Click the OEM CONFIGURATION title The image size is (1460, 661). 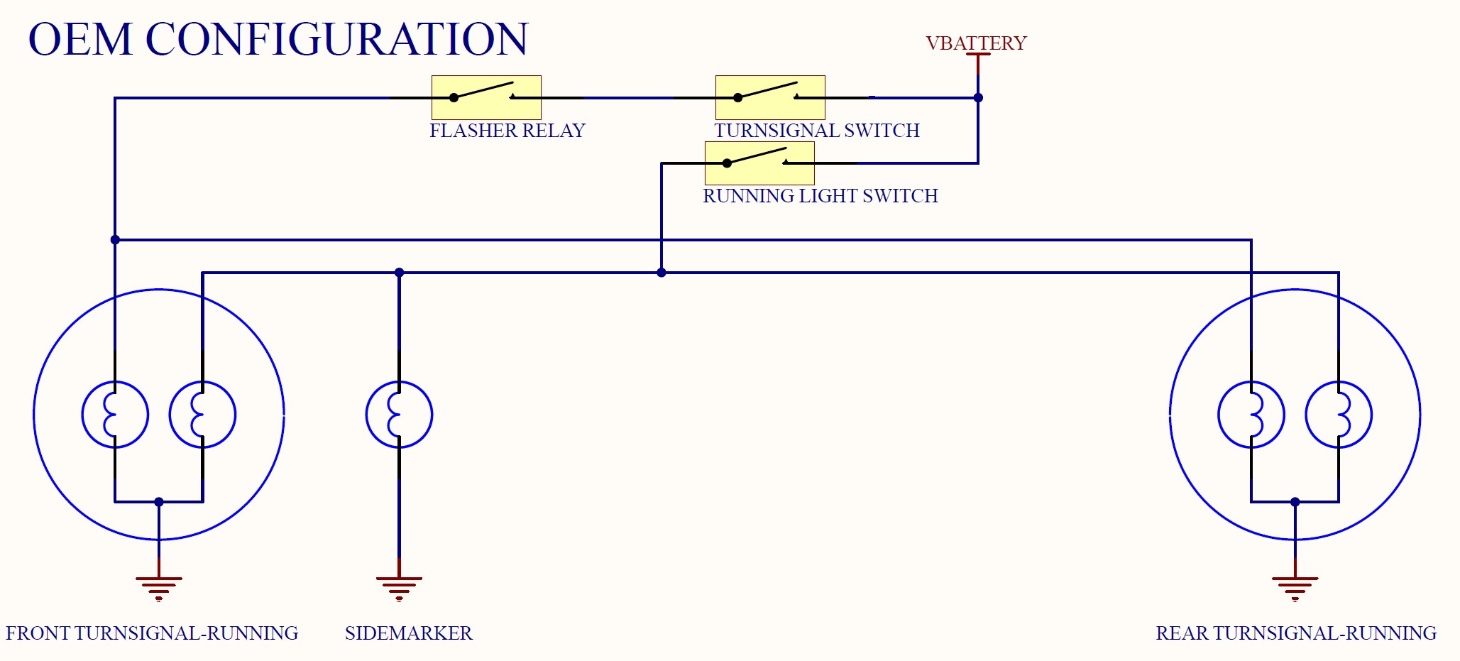point(278,39)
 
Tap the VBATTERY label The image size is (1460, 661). point(976,43)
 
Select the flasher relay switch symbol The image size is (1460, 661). point(486,97)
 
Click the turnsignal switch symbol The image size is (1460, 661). point(770,97)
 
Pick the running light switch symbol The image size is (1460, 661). point(759,163)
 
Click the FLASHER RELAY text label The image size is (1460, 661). point(507,131)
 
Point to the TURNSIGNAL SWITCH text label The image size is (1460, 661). point(816,131)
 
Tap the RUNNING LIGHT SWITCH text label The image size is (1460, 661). point(820,196)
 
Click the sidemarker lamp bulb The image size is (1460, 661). point(399,415)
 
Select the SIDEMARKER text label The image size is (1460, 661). point(408,633)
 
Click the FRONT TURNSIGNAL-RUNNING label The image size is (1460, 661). point(152,633)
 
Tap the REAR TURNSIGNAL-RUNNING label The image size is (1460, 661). point(1295,633)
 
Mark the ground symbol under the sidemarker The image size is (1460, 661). point(399,586)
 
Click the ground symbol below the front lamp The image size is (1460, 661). point(158,586)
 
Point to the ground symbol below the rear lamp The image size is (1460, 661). point(1295,586)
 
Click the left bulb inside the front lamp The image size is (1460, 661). point(115,415)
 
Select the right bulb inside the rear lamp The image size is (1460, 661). point(1339,415)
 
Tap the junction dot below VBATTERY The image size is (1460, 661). point(978,98)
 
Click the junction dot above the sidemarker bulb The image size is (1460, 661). point(399,273)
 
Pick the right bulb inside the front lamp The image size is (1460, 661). point(202,415)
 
